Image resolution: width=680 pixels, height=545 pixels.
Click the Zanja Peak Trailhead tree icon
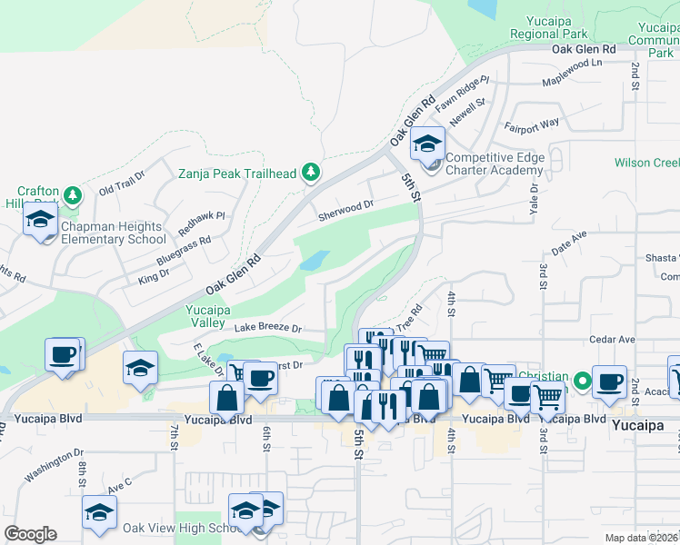pyautogui.click(x=311, y=173)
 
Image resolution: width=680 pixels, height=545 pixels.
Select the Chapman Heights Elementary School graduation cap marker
pyautogui.click(x=40, y=219)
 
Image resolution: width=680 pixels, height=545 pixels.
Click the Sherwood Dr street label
pyautogui.click(x=346, y=211)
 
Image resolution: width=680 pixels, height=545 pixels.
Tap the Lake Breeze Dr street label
pyautogui.click(x=267, y=327)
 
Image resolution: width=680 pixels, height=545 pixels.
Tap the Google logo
pyautogui.click(x=30, y=534)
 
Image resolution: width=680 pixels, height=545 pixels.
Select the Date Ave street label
pyautogui.click(x=570, y=241)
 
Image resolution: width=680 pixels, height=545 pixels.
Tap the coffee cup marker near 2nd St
pyautogui.click(x=610, y=381)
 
